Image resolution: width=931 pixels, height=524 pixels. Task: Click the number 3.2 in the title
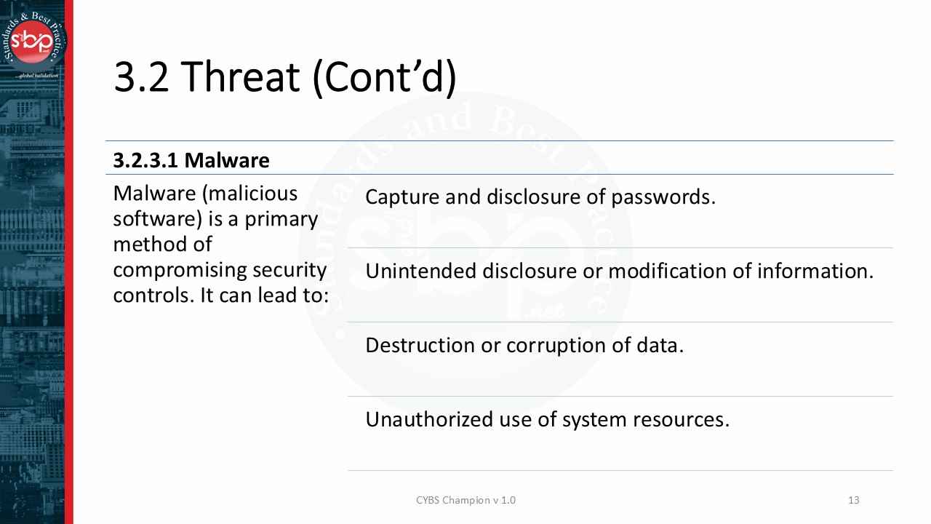tap(141, 77)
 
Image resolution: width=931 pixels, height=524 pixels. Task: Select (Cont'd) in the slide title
tap(384, 77)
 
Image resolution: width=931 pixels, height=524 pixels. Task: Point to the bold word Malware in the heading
tap(227, 160)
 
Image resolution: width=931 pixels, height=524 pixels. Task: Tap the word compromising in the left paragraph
tap(180, 270)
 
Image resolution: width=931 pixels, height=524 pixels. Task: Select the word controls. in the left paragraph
tap(153, 295)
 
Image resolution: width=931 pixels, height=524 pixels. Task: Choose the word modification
tap(679, 271)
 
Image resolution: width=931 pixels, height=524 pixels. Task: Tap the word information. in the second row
tap(815, 271)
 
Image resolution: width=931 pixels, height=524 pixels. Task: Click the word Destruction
tap(420, 345)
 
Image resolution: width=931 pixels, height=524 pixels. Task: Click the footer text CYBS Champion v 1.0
tap(465, 500)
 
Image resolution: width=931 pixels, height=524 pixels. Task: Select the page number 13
tap(854, 500)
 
